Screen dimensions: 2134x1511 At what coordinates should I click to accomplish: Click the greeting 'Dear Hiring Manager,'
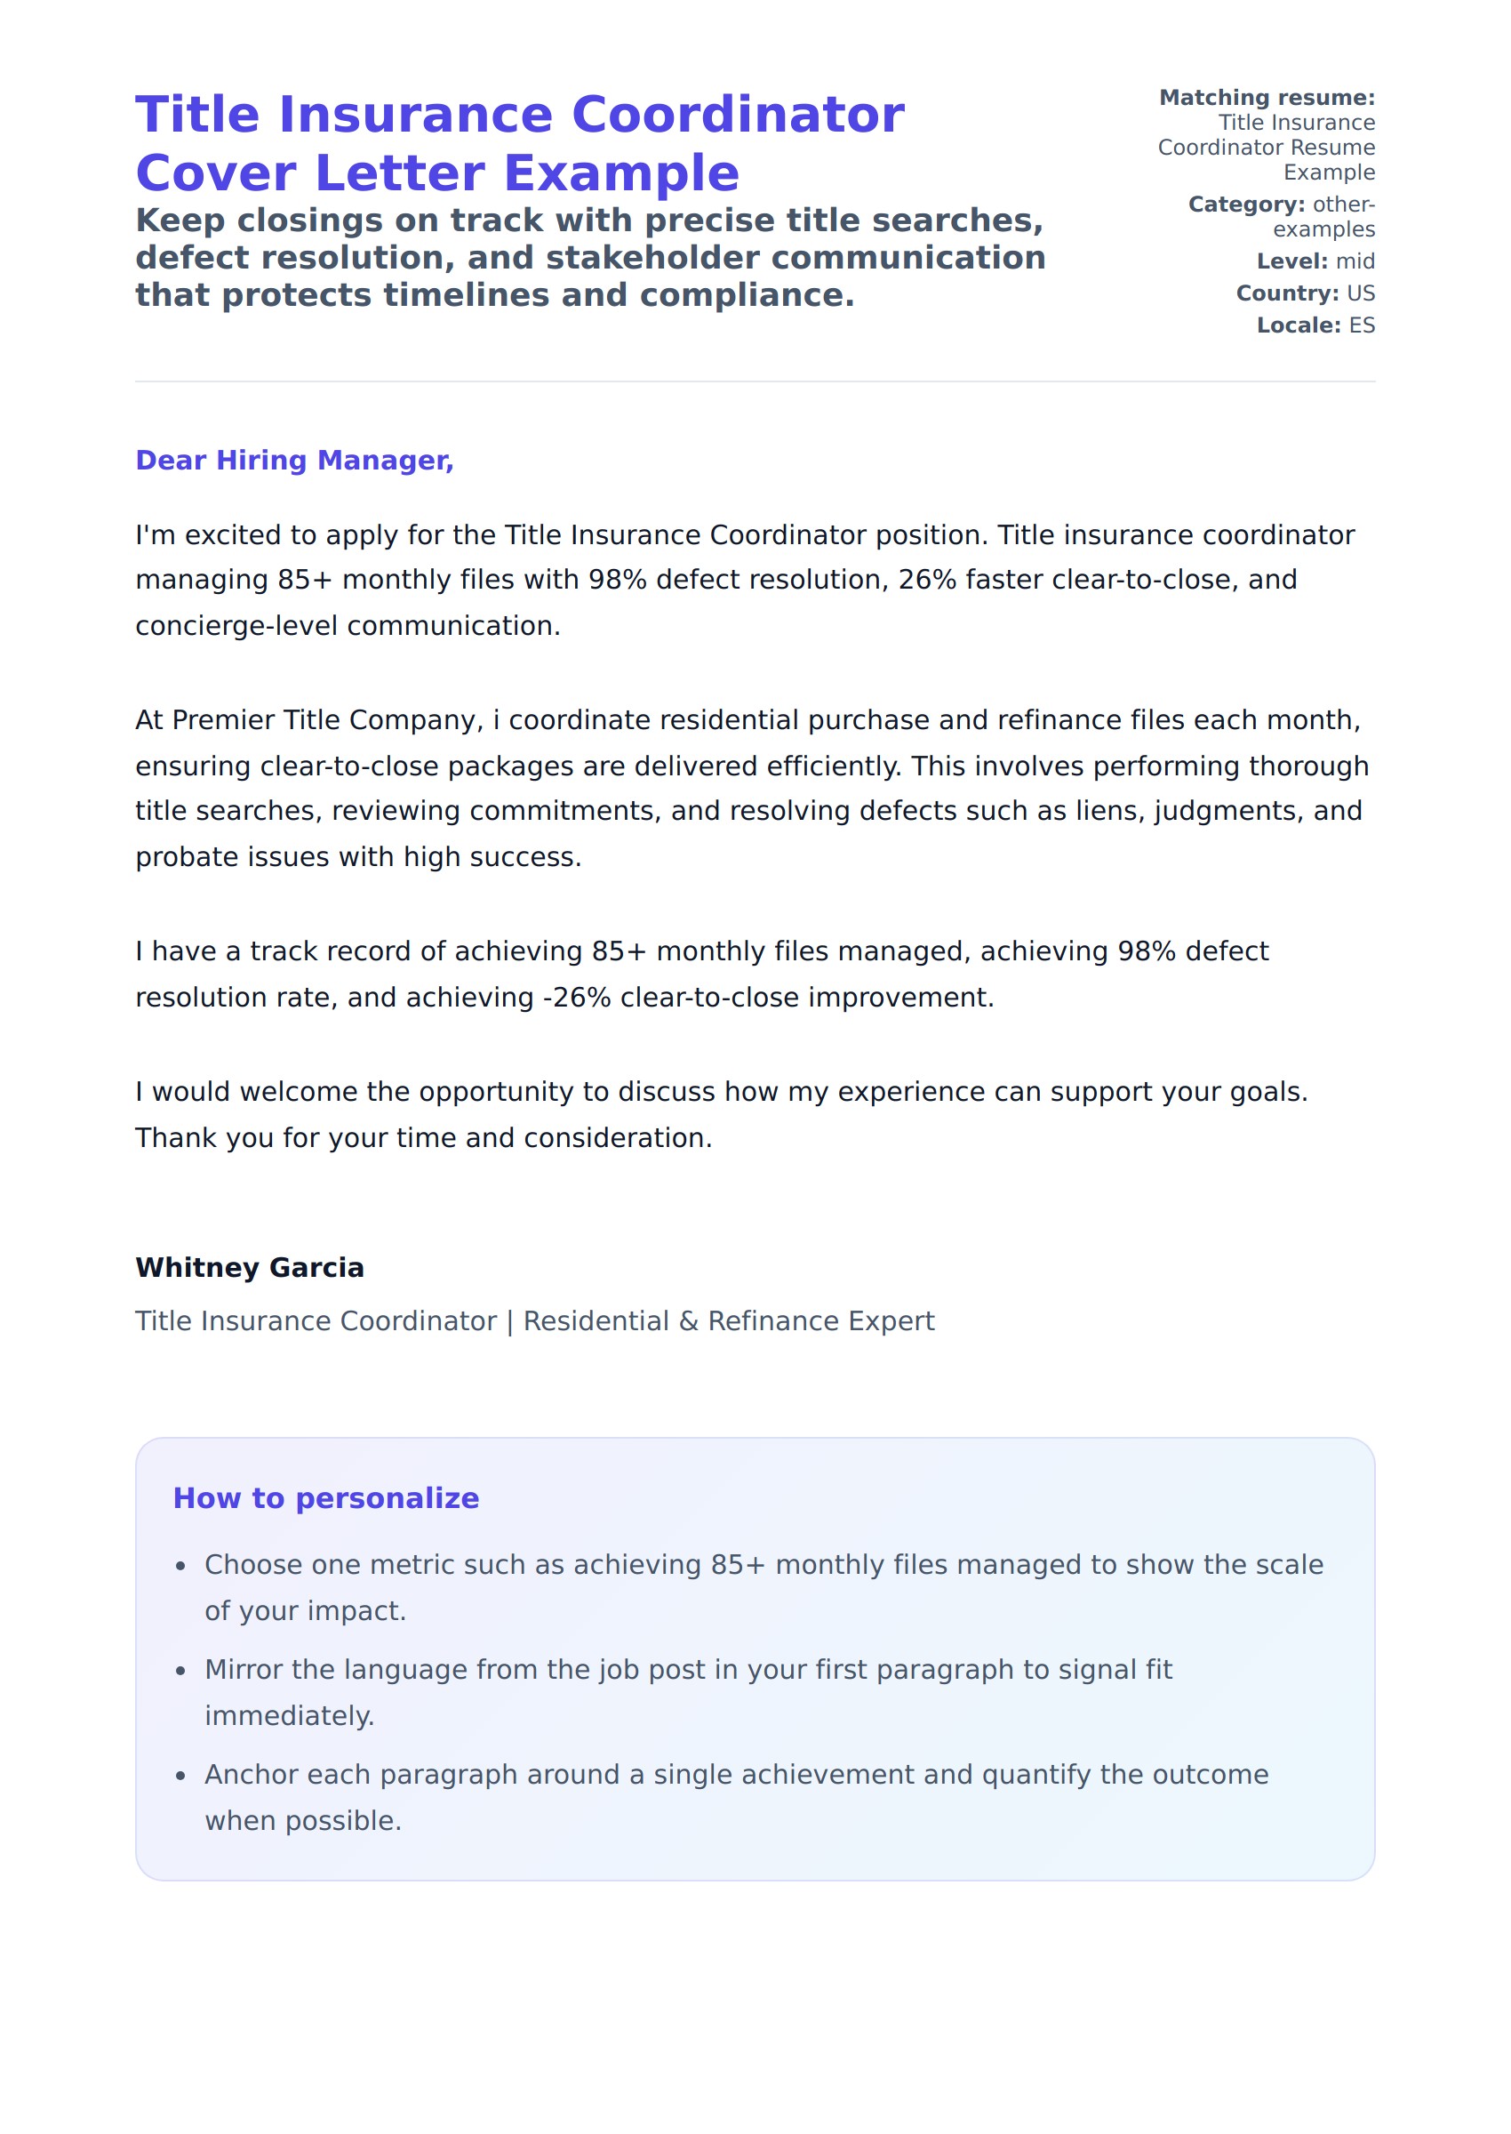pos(294,461)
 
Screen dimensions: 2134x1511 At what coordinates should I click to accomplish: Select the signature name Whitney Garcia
pos(250,1268)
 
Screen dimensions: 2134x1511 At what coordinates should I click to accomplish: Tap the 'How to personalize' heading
pos(325,1498)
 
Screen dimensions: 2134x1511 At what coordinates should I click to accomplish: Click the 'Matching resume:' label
pos(1267,98)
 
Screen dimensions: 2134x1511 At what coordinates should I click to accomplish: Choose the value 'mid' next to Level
pos(1355,261)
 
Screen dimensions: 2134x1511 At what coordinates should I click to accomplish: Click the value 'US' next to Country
pos(1360,294)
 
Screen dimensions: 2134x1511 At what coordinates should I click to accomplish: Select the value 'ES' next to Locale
pos(1361,325)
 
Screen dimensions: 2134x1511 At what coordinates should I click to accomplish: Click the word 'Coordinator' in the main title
pos(737,116)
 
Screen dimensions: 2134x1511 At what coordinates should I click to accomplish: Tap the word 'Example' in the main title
pos(620,174)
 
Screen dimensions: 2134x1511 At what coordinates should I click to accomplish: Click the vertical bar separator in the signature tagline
pos(510,1321)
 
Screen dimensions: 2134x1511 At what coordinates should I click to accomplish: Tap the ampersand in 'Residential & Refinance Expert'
pos(689,1321)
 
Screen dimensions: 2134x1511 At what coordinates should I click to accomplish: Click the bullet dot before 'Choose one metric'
pos(181,1568)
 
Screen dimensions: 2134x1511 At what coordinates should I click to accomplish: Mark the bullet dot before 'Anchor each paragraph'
pos(181,1777)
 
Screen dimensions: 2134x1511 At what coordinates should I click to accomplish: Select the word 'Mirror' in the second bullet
pos(244,1671)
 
